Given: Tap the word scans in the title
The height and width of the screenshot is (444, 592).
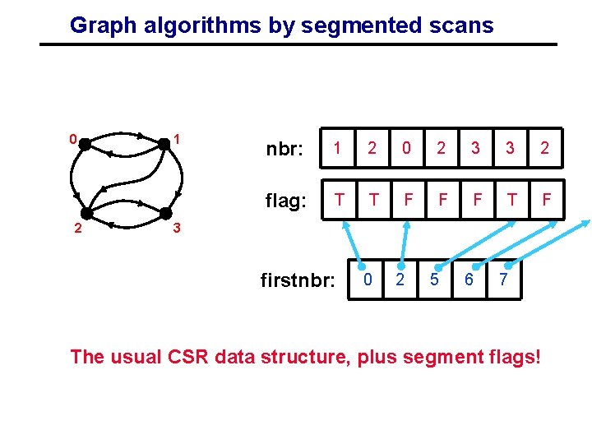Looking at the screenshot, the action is [464, 25].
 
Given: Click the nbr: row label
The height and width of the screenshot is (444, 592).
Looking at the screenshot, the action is [284, 150].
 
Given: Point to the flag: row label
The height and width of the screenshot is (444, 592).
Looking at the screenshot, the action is [284, 201].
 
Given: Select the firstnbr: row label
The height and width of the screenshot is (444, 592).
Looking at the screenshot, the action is [297, 281].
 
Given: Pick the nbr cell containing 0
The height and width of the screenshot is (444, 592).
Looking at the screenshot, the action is [405, 148].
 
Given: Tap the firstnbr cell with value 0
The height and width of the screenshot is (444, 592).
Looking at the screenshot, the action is [369, 280].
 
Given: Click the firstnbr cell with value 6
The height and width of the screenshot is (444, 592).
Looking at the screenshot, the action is [469, 280].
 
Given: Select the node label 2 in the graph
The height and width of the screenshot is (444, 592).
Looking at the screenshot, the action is [75, 228].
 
